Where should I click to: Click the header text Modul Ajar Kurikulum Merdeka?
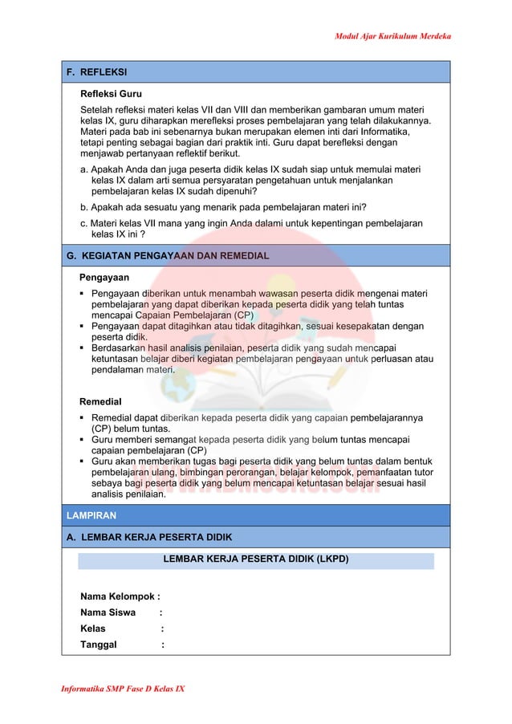pos(392,37)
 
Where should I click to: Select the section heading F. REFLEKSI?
pos(97,72)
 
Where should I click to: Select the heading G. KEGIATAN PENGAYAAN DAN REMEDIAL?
pos(168,256)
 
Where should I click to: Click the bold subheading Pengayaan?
pos(104,277)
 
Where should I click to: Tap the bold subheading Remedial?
pos(100,401)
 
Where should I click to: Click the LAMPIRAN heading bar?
pos(91,515)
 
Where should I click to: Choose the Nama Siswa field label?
pos(108,612)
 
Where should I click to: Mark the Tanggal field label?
pos(99,645)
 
